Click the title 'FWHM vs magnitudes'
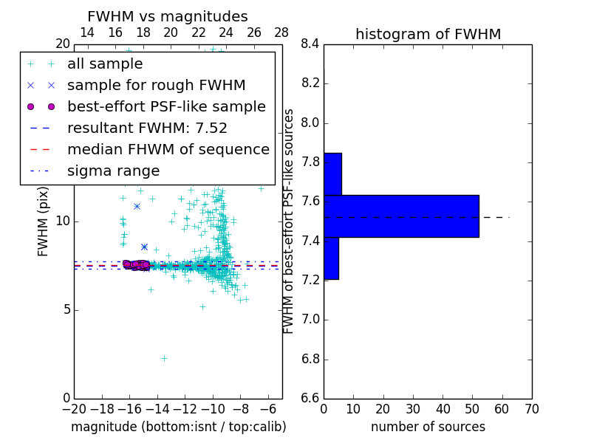168,16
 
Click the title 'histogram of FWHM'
428,34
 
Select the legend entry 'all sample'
105,64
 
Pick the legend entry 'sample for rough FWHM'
156,85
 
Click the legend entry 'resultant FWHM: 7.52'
147,128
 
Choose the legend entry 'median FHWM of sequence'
168,149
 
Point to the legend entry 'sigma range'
113,171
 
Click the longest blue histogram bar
401,216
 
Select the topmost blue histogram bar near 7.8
332,174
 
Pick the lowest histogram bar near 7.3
331,258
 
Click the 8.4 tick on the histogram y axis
310,44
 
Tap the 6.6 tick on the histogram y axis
310,399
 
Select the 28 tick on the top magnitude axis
281,32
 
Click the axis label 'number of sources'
428,427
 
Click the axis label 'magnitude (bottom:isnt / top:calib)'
178,427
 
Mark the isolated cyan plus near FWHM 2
164,358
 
